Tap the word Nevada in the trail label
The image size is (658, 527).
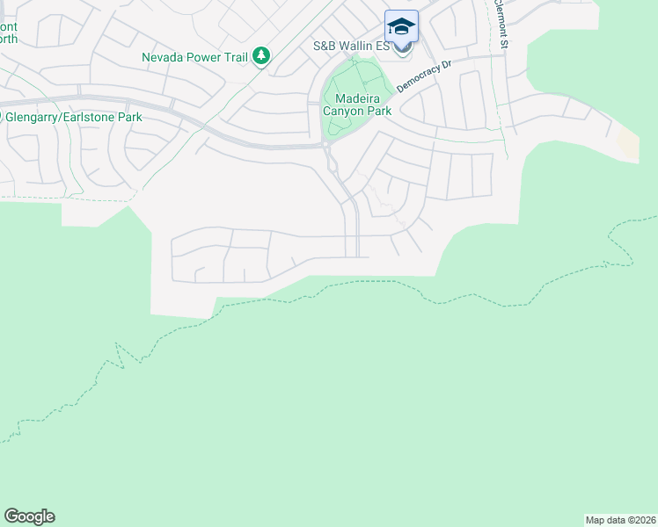point(164,58)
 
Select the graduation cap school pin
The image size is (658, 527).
point(401,26)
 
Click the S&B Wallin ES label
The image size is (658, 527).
point(352,46)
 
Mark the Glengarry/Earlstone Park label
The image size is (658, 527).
point(72,117)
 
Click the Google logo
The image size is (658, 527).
point(29,516)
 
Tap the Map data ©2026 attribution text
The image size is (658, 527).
point(620,519)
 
